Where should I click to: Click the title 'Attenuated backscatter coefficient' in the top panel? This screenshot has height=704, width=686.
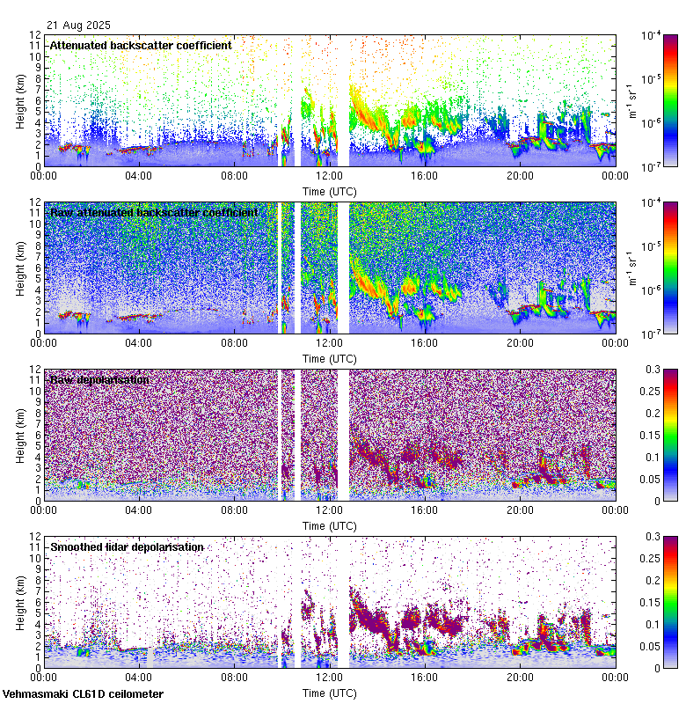coord(141,45)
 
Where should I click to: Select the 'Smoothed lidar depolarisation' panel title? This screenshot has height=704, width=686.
coord(127,546)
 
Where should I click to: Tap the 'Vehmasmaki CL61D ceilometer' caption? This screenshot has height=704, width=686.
coord(83,693)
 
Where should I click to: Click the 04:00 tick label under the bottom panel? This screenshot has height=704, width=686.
coord(139,678)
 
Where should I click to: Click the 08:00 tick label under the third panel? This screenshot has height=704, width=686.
coord(234,510)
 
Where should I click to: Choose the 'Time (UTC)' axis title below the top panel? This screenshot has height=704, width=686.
coord(330,191)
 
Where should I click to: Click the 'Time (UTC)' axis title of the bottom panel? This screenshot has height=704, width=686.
coord(330,693)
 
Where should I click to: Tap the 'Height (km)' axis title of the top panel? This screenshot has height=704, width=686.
coord(19,100)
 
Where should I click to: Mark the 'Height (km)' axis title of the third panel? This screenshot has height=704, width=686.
coord(19,435)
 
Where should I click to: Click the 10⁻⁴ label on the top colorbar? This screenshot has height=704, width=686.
coord(652,36)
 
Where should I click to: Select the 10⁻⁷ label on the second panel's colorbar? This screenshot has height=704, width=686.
coord(652,334)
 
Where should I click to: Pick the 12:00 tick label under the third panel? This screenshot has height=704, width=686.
coord(329,510)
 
